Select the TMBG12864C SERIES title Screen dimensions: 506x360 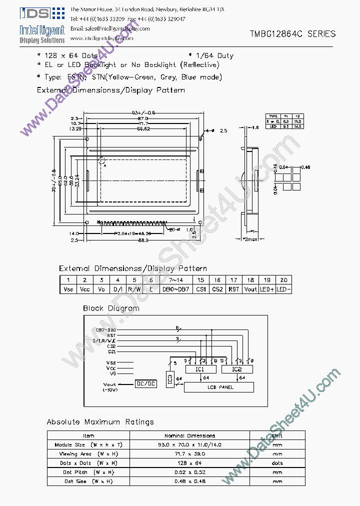tap(292, 34)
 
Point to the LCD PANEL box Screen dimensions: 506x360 tap(219, 387)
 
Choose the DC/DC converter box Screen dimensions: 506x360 tap(145, 383)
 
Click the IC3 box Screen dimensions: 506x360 tap(169, 379)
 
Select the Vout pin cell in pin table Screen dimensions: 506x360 tap(250, 289)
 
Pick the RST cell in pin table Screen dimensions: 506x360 tap(233, 289)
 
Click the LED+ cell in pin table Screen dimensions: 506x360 tap(267, 289)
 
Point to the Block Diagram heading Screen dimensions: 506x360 tap(111, 308)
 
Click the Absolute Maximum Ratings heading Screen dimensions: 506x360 tap(100, 422)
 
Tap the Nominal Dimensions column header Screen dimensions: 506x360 tap(189, 435)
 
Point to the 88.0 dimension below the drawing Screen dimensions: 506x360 tap(143, 240)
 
